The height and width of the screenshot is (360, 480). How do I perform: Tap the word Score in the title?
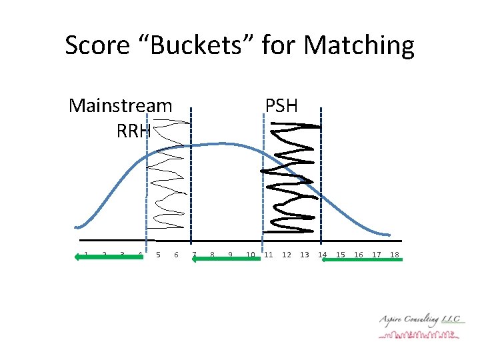(97, 45)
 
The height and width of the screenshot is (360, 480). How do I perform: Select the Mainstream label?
(120, 106)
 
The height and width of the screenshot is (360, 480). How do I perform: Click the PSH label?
(281, 106)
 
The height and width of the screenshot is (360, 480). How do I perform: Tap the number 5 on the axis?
(158, 254)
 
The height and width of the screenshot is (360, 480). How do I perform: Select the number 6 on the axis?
(176, 254)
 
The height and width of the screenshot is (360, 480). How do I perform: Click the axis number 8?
(212, 254)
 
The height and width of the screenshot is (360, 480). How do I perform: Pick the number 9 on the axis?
(230, 254)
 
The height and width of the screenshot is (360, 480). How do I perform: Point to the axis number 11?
(269, 254)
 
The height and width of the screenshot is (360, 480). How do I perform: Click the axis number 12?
(287, 254)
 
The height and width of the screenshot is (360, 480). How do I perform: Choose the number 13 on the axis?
(305, 254)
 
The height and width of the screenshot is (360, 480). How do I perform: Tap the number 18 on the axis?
(394, 254)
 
